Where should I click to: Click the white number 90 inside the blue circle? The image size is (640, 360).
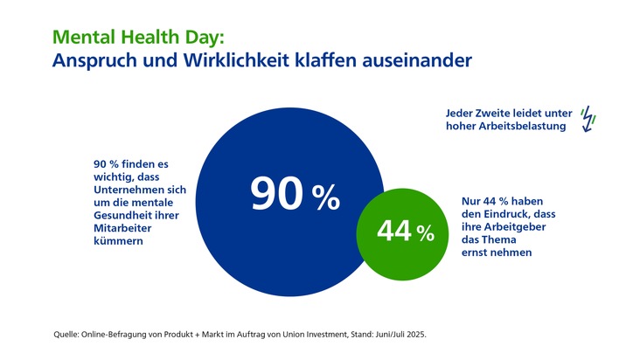pyautogui.click(x=276, y=194)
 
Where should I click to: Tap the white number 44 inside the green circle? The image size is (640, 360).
pyautogui.click(x=394, y=232)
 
